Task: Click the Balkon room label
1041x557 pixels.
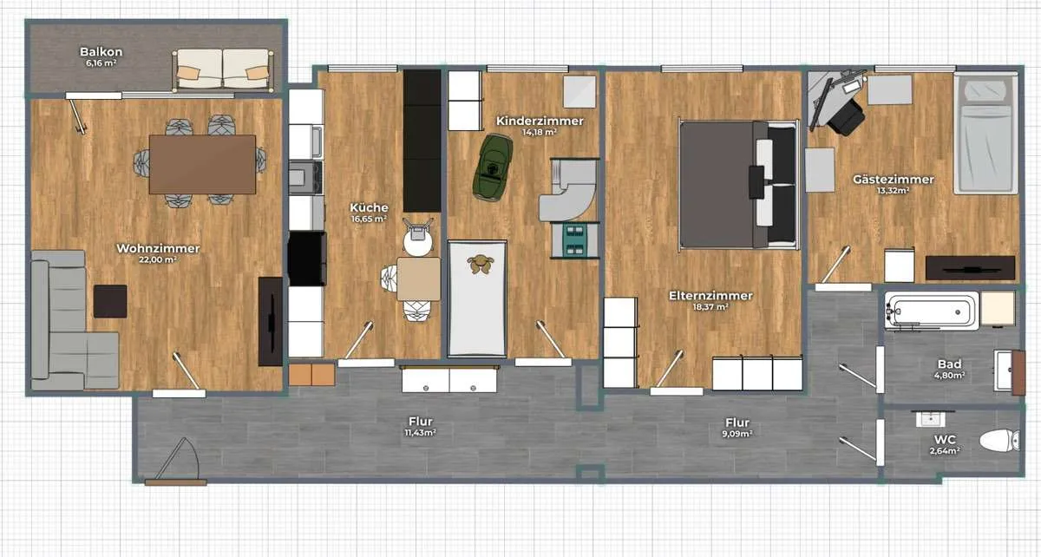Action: tap(101, 51)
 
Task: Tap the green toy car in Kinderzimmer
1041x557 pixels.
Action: tap(493, 167)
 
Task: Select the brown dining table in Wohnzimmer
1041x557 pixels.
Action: tap(202, 164)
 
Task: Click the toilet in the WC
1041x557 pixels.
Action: tap(999, 440)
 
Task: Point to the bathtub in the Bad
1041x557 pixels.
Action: tap(932, 311)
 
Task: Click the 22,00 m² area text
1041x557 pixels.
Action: tap(158, 259)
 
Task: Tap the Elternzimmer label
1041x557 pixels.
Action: tap(710, 296)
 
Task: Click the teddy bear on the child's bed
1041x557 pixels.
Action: tap(481, 264)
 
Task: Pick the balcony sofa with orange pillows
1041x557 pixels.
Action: tap(223, 69)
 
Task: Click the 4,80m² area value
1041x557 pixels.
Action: tap(949, 375)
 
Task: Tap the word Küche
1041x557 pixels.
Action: tap(369, 207)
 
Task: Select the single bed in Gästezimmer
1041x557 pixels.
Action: tap(985, 133)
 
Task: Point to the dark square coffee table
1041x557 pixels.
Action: tap(110, 301)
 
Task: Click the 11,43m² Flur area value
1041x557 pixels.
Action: tap(420, 433)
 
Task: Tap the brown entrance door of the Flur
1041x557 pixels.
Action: tap(175, 482)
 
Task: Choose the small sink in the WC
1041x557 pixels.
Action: tap(930, 419)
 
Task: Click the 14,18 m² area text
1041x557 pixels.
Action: tap(540, 132)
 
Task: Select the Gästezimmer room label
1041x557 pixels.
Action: tap(894, 179)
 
